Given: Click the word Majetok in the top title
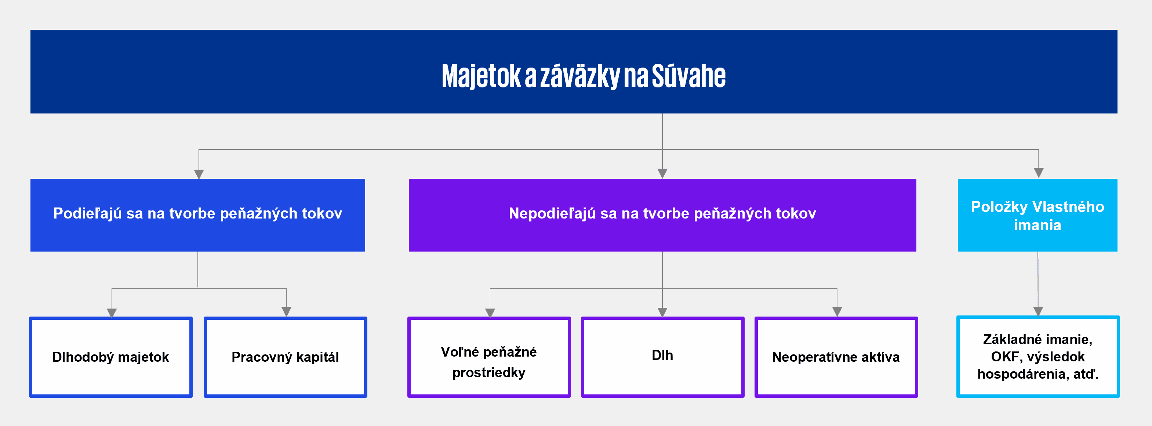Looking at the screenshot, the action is (x=481, y=76).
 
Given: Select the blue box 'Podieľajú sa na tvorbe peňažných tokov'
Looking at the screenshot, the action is (x=198, y=215).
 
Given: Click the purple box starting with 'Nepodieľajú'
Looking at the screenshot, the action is (x=662, y=215).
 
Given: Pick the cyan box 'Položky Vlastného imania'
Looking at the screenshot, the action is (x=1037, y=215).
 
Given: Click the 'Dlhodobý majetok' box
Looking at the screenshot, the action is (x=111, y=357).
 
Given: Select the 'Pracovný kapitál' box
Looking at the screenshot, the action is (x=285, y=357).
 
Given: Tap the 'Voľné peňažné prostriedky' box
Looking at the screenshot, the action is (x=489, y=357).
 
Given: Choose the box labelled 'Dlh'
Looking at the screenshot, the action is (x=663, y=357).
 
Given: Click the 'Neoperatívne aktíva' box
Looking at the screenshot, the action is (x=836, y=357).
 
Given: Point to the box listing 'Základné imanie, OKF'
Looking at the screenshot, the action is (x=1038, y=357).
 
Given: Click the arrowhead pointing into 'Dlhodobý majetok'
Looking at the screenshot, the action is (x=112, y=313).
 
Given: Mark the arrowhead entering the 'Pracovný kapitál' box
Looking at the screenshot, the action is (x=286, y=312).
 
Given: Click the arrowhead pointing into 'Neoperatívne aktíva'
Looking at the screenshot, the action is (x=837, y=312).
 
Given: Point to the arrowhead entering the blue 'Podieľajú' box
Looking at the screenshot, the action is (x=199, y=174).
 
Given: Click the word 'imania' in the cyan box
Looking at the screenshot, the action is (x=1037, y=225).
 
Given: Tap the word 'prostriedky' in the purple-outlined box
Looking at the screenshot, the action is (x=489, y=373).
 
